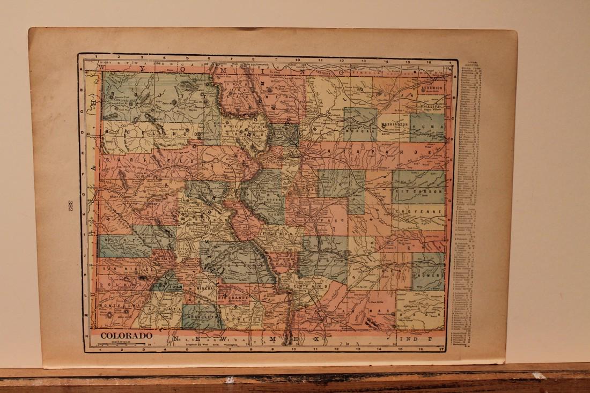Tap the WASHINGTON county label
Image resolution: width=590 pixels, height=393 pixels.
(395, 124)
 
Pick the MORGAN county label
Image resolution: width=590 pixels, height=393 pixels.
(359, 129)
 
